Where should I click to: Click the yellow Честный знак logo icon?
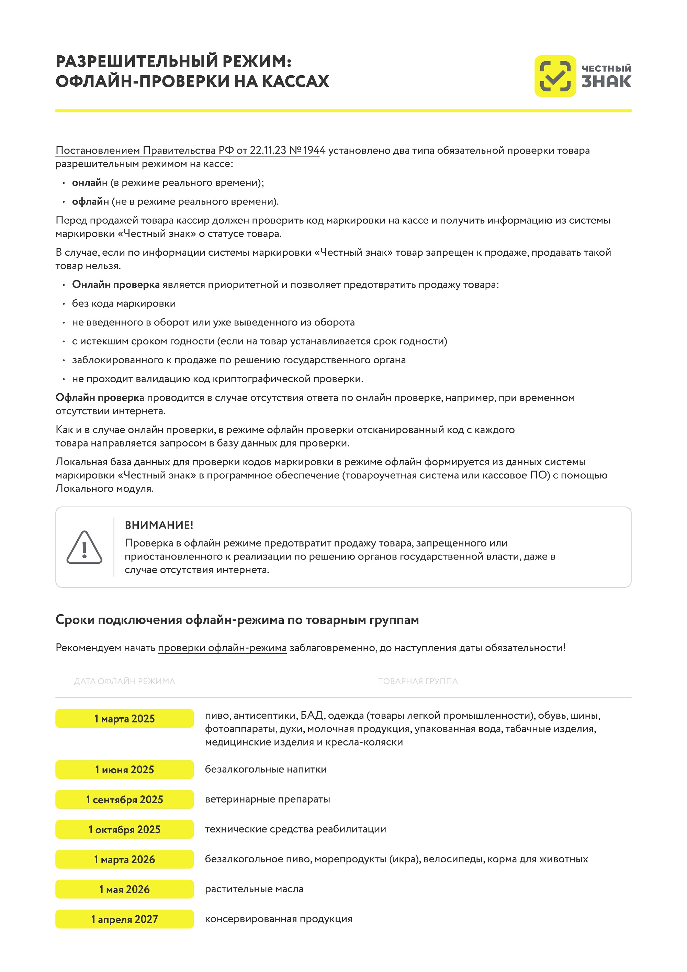click(555, 76)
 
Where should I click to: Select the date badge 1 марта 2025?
click(124, 718)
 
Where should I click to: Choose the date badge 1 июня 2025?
click(124, 769)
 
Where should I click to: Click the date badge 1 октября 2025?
click(124, 829)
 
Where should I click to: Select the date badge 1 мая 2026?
click(124, 889)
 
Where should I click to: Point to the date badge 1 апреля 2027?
click(124, 919)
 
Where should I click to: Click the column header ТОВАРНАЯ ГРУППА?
click(418, 681)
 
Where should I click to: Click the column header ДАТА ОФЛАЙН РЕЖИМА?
click(124, 681)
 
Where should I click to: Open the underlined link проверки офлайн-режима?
click(222, 648)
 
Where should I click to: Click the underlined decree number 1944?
click(314, 150)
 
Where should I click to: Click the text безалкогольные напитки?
click(266, 769)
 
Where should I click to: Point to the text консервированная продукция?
click(278, 919)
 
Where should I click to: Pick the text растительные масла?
click(254, 889)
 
